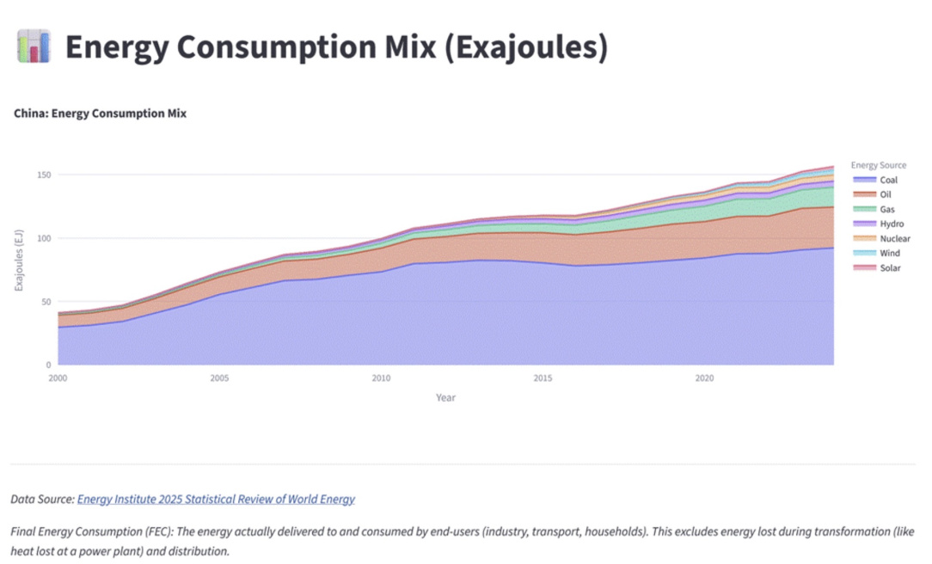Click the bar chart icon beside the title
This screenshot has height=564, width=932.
coord(34,46)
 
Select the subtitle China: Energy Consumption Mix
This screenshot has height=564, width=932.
coord(100,113)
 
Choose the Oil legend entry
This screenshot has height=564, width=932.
coord(872,195)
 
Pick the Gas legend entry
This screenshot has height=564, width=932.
coord(874,209)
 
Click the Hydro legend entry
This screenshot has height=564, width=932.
coord(879,224)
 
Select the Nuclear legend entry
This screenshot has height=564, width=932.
coord(881,239)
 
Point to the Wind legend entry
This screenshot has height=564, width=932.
coord(876,253)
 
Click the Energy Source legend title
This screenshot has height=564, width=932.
coord(879,165)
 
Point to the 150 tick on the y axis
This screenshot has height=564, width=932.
coord(44,175)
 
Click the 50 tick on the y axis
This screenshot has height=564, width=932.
coord(46,302)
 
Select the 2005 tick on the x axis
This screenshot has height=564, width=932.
coord(219,378)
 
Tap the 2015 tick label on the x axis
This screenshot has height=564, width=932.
coord(543,378)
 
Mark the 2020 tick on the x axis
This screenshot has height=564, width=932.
coord(704,378)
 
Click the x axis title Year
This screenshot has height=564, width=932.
coord(445,397)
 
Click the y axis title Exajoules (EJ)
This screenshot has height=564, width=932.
coord(19,261)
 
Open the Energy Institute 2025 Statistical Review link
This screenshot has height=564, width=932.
coord(217,500)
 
